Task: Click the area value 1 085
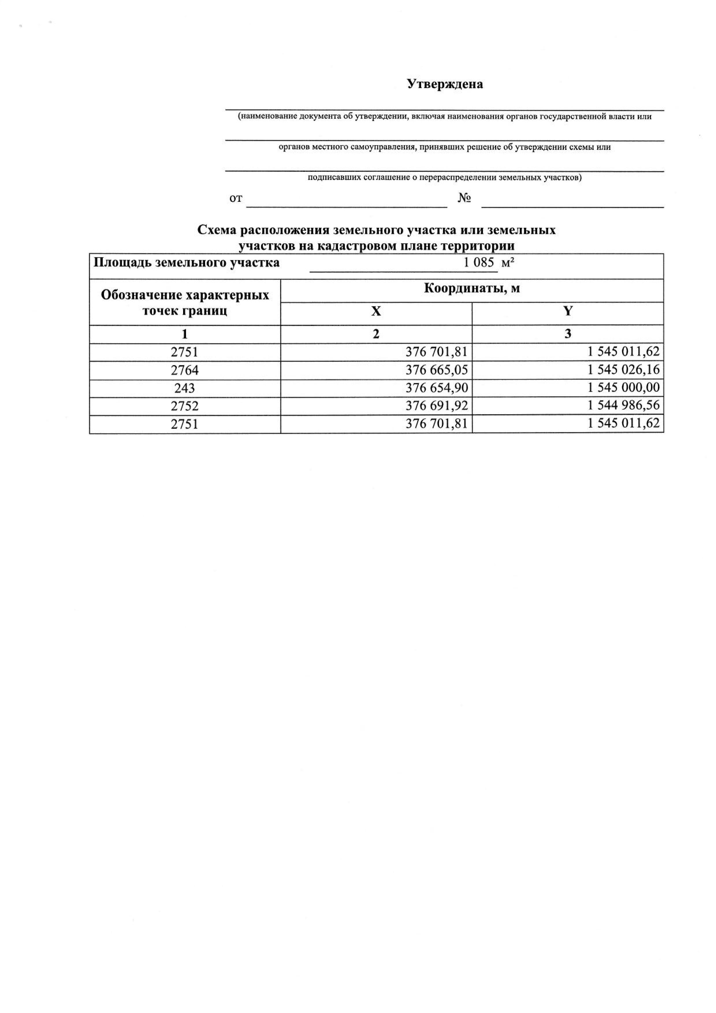(478, 262)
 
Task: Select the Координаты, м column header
(472, 288)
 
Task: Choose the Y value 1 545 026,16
(623, 369)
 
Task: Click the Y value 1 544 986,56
(623, 405)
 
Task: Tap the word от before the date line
(236, 199)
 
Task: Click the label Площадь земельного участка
(187, 263)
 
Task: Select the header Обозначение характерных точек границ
(185, 303)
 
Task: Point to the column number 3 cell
(568, 334)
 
